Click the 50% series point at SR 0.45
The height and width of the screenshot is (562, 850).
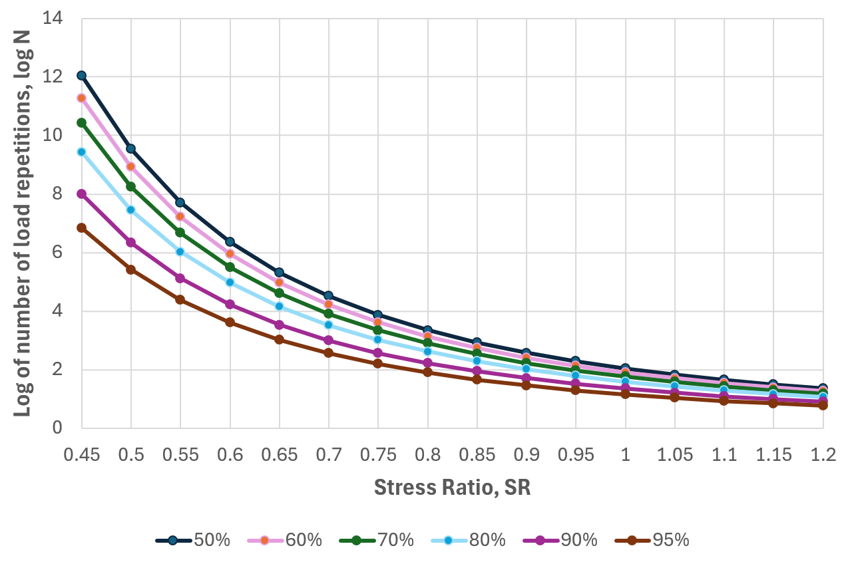point(81,75)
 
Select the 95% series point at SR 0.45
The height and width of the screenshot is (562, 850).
point(81,227)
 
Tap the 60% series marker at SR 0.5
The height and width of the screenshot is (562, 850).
point(131,166)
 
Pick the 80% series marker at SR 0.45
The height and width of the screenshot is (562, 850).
point(81,152)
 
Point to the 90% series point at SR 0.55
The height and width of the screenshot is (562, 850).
point(180,278)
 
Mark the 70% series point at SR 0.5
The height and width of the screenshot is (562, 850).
point(131,186)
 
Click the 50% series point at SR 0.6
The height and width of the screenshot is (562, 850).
point(230,241)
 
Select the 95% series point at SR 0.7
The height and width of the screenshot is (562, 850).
point(329,352)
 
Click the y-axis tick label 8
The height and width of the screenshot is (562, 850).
point(59,194)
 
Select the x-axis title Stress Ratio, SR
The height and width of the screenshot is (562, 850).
point(452,488)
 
